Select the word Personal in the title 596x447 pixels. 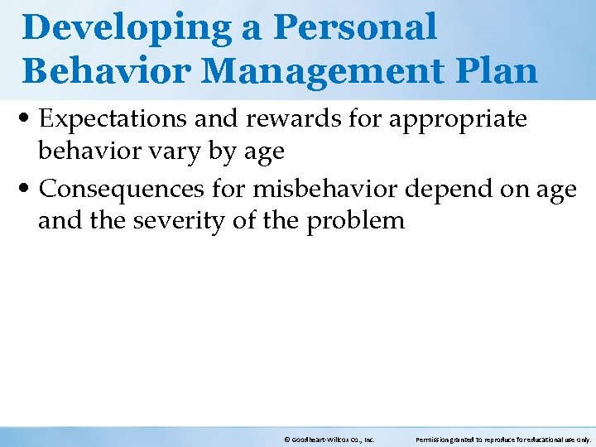click(x=355, y=28)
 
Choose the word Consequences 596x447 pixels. click(x=122, y=189)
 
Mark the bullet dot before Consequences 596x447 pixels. click(x=29, y=190)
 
